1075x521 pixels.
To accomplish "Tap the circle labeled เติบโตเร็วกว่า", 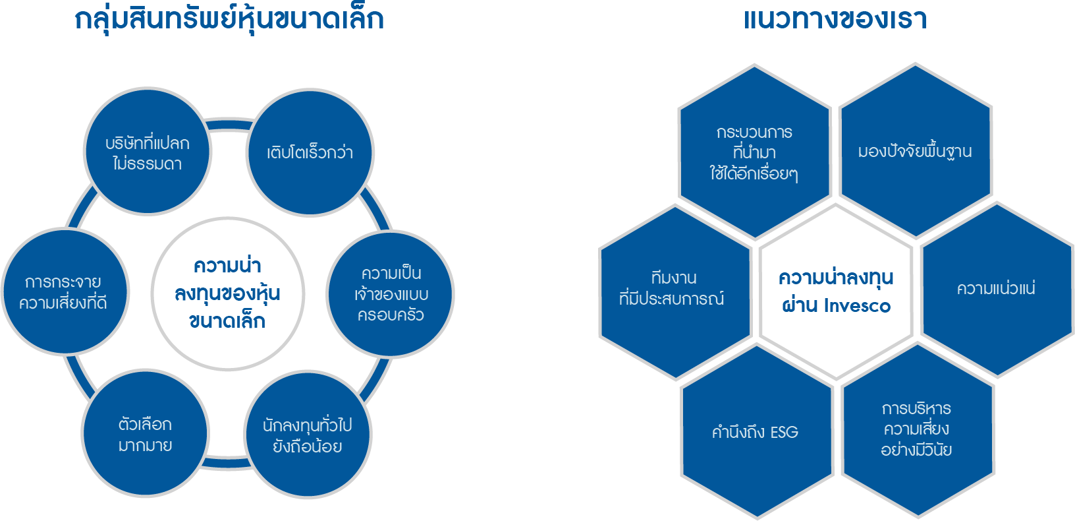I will click(x=310, y=152).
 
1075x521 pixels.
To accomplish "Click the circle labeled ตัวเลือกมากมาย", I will click(x=145, y=433).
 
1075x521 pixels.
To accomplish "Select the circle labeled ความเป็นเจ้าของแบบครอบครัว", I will click(x=391, y=293).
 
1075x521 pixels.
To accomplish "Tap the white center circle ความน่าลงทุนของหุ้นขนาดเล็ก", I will click(x=227, y=293).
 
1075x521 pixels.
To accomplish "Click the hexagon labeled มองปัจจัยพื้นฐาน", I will click(x=915, y=151).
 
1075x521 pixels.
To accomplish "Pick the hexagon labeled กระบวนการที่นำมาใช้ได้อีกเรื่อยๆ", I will click(x=754, y=152).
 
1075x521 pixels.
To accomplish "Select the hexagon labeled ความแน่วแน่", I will click(x=996, y=289).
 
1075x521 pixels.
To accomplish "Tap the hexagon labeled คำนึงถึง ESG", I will click(x=756, y=432).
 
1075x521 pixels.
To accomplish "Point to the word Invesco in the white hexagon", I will click(x=857, y=306).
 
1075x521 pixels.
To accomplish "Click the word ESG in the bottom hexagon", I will click(x=784, y=433).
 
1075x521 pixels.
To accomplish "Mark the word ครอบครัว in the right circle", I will click(x=391, y=315).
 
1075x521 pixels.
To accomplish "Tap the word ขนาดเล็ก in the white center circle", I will click(x=227, y=321).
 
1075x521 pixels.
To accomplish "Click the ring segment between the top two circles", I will click(x=229, y=125).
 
